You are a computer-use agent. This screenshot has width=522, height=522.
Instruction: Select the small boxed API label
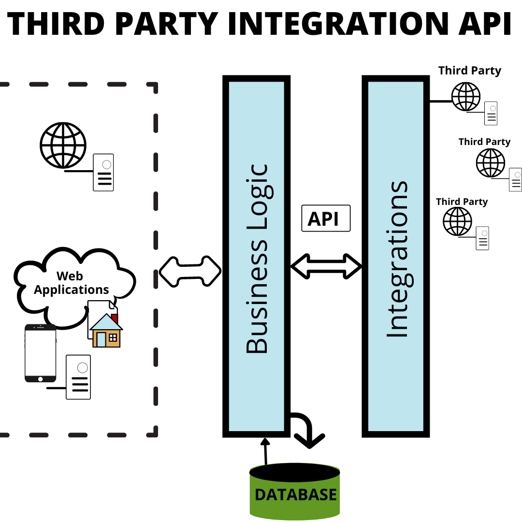[x=325, y=218]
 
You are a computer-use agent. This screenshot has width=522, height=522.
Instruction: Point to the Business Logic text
[x=257, y=259]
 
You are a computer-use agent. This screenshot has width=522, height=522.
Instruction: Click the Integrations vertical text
[x=397, y=259]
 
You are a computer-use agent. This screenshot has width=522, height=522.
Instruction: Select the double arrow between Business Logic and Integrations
[x=326, y=265]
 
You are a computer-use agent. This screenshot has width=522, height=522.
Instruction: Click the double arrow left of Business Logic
[x=190, y=271]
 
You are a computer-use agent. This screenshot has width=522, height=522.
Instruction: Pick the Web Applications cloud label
[x=71, y=283]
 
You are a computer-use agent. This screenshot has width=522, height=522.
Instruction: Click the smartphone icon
[x=40, y=353]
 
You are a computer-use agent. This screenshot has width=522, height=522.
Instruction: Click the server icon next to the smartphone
[x=78, y=377]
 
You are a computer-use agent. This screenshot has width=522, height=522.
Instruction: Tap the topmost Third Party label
[x=469, y=71]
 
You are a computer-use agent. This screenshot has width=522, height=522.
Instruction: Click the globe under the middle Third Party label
[x=490, y=163]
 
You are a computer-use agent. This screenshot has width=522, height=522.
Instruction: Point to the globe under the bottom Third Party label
[x=457, y=221]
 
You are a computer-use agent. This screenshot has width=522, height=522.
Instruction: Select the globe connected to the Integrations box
[x=465, y=97]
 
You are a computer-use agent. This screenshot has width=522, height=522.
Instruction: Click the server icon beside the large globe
[x=103, y=173]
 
